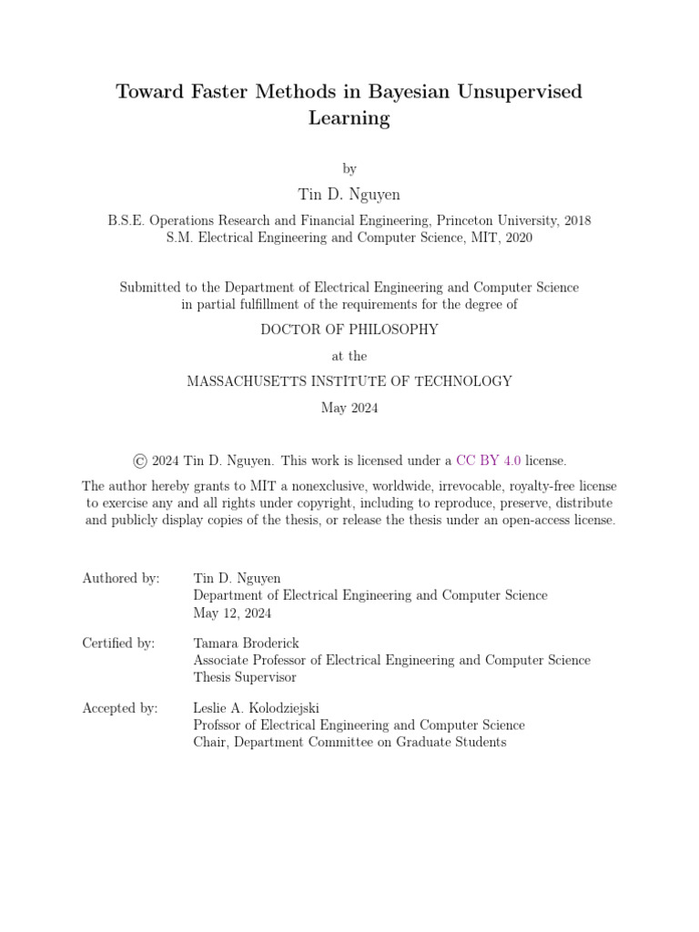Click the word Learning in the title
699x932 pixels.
click(349, 118)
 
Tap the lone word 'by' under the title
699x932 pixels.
click(349, 168)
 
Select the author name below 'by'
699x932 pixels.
click(349, 194)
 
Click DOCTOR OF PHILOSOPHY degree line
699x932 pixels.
click(349, 329)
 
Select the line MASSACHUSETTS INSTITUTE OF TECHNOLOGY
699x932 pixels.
click(349, 381)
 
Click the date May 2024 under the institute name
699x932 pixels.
click(349, 408)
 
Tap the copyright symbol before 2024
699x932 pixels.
click(139, 461)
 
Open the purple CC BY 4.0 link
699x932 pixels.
click(488, 461)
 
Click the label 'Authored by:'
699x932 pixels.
click(121, 578)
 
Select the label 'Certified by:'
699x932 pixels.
click(118, 643)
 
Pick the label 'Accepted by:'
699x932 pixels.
click(120, 707)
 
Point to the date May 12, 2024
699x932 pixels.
click(232, 613)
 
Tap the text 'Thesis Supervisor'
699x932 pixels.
click(245, 677)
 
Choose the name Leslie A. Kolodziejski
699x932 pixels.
click(256, 707)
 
